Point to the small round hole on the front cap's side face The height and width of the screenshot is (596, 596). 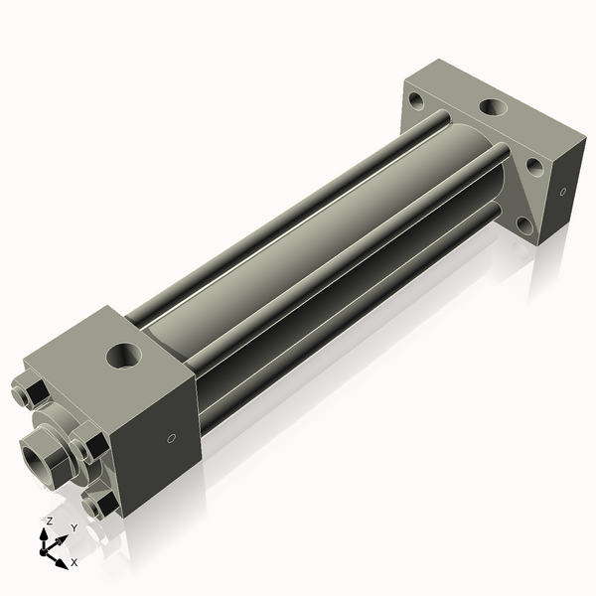[172, 437]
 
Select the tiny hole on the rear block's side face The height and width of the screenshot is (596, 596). [563, 190]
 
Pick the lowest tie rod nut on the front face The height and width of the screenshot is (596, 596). [98, 506]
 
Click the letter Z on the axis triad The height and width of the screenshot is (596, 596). [49, 521]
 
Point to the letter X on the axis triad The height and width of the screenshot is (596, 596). [74, 562]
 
